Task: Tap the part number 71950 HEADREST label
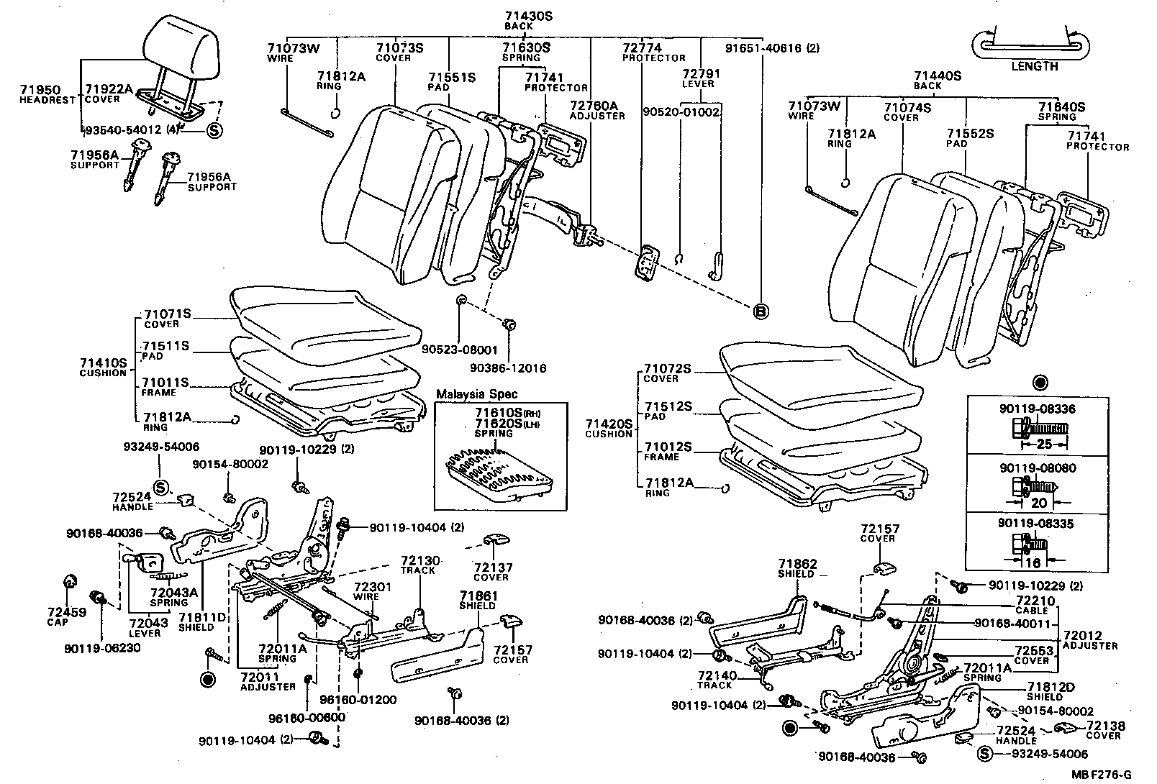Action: pos(47,94)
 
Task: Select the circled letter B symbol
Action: pos(761,311)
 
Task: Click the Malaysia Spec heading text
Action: pos(476,395)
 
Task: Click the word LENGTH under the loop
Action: pos(1035,66)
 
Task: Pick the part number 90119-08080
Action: pos(1038,468)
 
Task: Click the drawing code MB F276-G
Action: pos(1100,775)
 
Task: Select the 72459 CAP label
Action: pos(66,616)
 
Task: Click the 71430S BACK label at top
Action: pos(518,20)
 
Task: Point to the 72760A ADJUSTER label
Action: pos(597,110)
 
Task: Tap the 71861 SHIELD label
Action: pos(478,601)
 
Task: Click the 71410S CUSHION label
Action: pos(103,368)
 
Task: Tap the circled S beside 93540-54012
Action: pos(214,130)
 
